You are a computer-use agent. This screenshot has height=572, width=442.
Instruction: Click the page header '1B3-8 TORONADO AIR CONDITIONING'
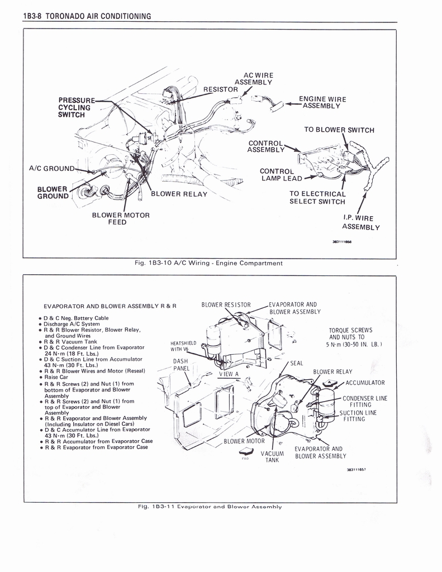click(87, 16)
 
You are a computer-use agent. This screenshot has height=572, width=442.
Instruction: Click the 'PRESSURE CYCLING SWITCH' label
click(77, 107)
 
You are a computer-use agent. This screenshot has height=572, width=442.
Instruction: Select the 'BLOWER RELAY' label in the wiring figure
click(179, 194)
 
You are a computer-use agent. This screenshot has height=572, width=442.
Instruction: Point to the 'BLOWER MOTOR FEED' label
click(121, 218)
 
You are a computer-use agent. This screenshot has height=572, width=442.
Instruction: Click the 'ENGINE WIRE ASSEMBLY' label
click(322, 102)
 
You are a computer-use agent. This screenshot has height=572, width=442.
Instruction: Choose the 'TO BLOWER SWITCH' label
click(339, 130)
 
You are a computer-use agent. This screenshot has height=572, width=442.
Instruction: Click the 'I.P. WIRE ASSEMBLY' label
click(360, 222)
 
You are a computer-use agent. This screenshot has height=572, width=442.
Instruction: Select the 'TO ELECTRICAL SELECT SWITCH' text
click(317, 198)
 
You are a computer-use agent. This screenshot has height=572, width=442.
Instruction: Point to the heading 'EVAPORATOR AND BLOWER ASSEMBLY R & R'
click(110, 306)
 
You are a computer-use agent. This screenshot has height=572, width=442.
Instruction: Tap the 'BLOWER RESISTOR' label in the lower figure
click(226, 305)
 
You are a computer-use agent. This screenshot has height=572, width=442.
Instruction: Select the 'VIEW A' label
click(229, 374)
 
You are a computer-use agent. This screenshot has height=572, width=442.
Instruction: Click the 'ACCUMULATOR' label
click(365, 383)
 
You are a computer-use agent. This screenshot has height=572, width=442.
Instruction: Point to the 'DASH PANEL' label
click(180, 365)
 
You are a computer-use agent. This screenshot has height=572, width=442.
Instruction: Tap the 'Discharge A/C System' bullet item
click(72, 324)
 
